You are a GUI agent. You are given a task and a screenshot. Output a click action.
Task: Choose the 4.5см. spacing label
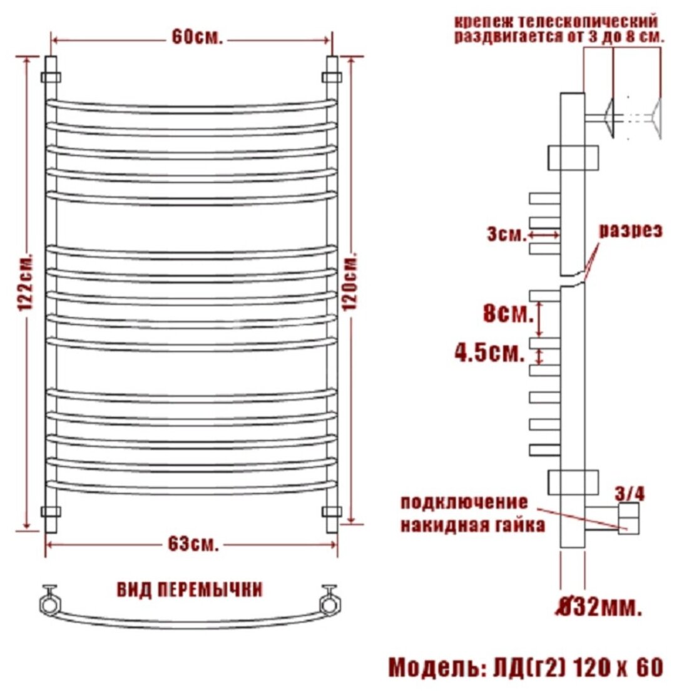point(489,353)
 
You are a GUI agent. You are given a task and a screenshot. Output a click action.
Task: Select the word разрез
point(630,230)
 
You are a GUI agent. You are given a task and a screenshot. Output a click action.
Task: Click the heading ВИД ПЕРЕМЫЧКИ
point(190,589)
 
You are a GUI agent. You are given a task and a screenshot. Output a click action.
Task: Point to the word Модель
point(431,667)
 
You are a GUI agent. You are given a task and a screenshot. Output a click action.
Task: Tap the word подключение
point(464,503)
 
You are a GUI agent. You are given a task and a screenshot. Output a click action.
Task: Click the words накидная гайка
point(472,525)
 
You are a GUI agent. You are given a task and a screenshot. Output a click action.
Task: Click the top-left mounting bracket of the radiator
point(51,77)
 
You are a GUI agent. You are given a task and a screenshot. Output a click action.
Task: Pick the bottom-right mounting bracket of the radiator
point(332,511)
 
